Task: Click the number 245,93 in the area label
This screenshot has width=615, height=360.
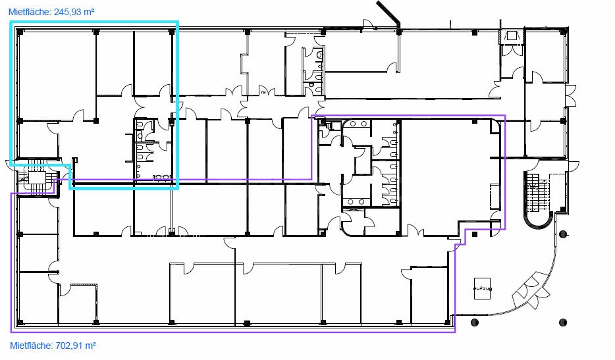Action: (x=68, y=12)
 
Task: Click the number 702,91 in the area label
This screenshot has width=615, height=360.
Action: (x=70, y=346)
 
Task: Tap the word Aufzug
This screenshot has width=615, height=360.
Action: (x=482, y=289)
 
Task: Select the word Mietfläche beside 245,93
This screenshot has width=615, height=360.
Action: (x=30, y=12)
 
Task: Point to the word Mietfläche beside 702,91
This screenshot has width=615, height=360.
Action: (x=31, y=346)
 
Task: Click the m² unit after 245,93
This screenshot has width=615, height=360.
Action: (x=89, y=12)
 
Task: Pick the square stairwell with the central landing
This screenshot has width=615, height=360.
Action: (x=38, y=177)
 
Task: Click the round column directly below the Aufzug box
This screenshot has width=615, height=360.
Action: (x=475, y=322)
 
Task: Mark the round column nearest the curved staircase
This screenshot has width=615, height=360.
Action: (x=563, y=234)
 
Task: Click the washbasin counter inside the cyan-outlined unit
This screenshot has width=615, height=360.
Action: (x=162, y=177)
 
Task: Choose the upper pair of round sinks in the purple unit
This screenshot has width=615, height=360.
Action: (x=358, y=124)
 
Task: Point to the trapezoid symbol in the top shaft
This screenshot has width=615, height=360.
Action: (x=512, y=36)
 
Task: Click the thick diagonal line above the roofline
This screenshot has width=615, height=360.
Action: (x=388, y=11)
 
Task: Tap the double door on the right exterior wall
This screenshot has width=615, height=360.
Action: (x=571, y=95)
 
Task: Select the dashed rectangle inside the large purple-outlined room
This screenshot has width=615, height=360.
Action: (x=495, y=196)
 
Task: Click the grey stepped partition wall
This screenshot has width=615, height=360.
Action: (x=245, y=62)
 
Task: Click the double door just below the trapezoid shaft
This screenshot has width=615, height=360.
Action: (x=512, y=51)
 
